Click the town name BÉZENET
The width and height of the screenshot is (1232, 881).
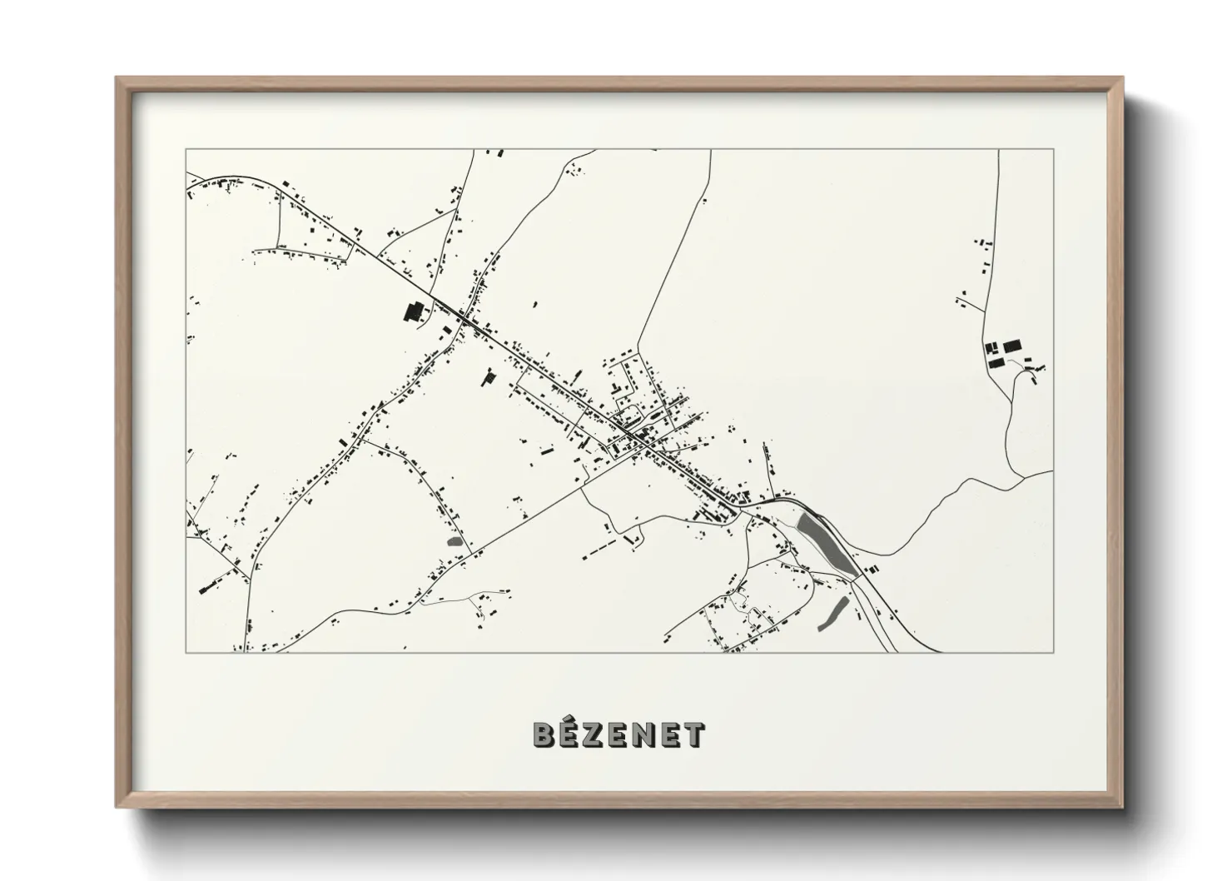618,734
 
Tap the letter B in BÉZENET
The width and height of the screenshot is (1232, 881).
543,734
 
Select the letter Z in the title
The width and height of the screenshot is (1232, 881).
594,734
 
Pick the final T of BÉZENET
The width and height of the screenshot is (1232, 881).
694,734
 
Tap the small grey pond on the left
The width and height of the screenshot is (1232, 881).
455,541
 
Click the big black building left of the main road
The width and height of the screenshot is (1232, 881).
413,311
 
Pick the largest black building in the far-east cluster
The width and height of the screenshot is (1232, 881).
1011,345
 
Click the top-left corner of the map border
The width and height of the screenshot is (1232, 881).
186,150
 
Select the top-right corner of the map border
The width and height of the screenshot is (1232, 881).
1053,150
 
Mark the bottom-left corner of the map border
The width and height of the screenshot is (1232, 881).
186,652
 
